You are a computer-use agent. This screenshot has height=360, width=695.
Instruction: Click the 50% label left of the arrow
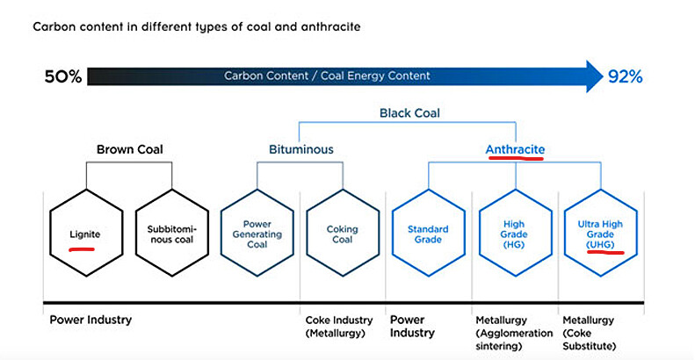click(x=63, y=77)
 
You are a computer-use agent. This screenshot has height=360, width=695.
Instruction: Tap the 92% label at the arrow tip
click(x=625, y=77)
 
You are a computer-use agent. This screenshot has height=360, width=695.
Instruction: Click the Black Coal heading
click(x=409, y=113)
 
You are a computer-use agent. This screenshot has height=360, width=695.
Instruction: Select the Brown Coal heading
click(x=130, y=149)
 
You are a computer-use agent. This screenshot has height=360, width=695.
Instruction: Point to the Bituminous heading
click(x=301, y=149)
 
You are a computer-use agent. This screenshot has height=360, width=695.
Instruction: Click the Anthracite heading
click(x=515, y=149)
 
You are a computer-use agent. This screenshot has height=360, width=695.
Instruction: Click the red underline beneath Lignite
click(x=82, y=249)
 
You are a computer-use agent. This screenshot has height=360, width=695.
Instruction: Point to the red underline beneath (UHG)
click(x=605, y=252)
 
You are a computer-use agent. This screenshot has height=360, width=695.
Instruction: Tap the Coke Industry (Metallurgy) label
click(x=339, y=327)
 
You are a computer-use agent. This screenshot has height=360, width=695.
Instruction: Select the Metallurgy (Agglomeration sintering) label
click(x=514, y=333)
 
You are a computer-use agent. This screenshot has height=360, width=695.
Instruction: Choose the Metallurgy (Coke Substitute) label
click(x=589, y=333)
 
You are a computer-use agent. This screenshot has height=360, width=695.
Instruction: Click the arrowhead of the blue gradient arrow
click(x=594, y=76)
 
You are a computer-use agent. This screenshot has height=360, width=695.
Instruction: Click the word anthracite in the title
click(x=330, y=26)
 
